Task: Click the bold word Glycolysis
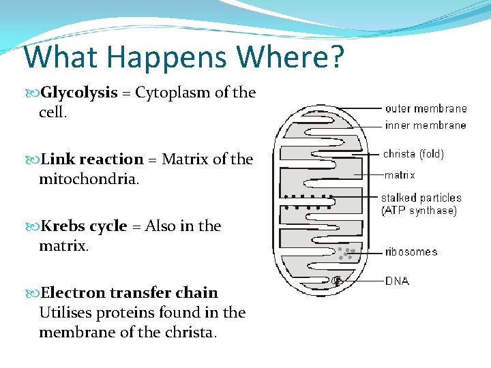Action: pyautogui.click(x=79, y=93)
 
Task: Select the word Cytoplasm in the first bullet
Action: pyautogui.click(x=173, y=93)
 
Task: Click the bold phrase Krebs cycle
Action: pyautogui.click(x=84, y=226)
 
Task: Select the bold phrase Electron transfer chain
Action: pyautogui.click(x=130, y=293)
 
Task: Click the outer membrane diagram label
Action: pyautogui.click(x=426, y=108)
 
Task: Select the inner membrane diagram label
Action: pyautogui.click(x=426, y=125)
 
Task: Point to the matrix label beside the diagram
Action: pyautogui.click(x=400, y=175)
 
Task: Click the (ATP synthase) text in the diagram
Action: pyautogui.click(x=419, y=211)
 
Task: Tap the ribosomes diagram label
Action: pyautogui.click(x=411, y=252)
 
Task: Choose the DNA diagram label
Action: pyautogui.click(x=397, y=281)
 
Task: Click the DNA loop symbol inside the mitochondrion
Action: pyautogui.click(x=336, y=280)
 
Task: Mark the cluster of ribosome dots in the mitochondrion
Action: pyautogui.click(x=346, y=254)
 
